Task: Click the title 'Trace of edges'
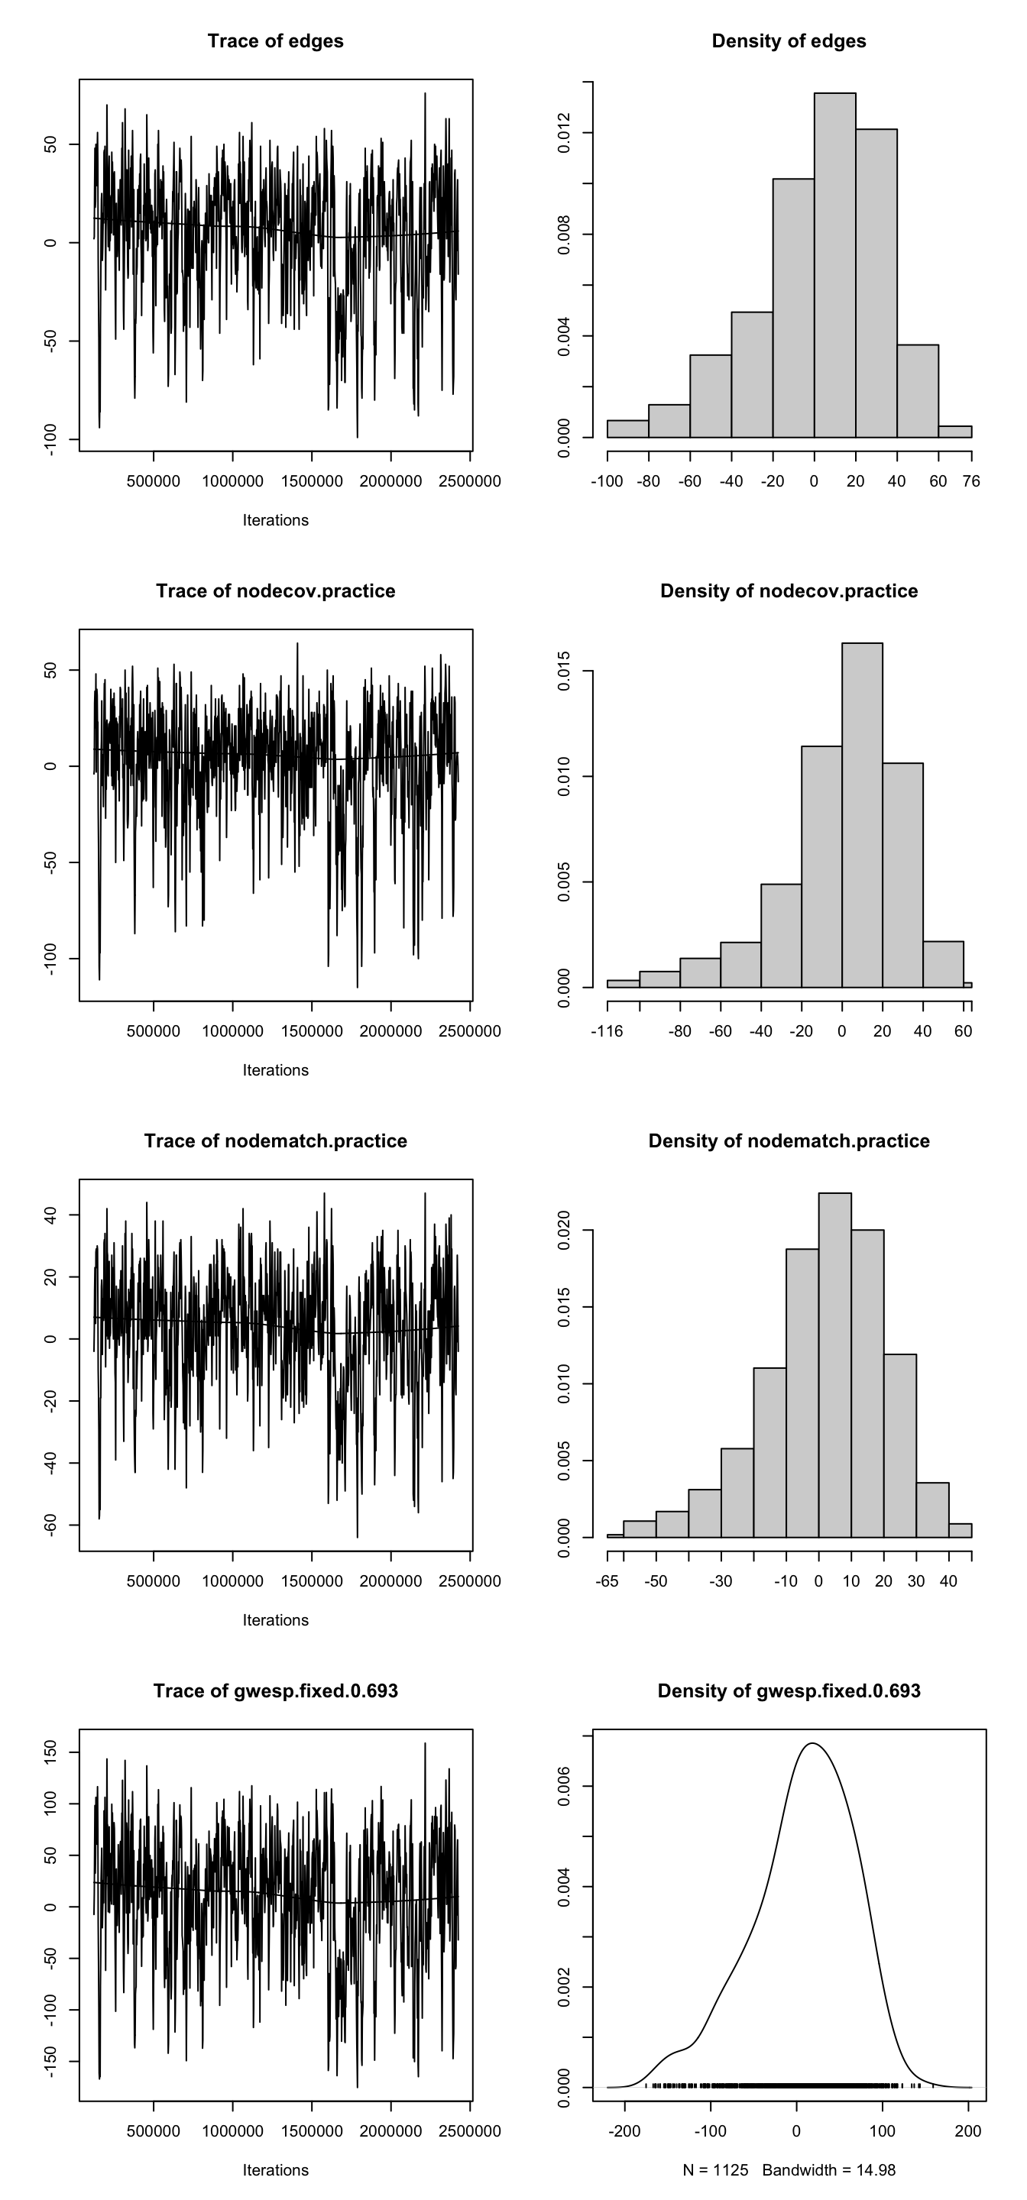pos(275,41)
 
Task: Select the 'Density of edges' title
pos(789,41)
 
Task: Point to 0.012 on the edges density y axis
pos(564,133)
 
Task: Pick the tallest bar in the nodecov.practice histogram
pos(862,815)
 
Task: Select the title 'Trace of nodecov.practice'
pos(275,591)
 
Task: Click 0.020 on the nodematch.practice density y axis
pos(564,1230)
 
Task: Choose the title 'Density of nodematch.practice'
pos(789,1141)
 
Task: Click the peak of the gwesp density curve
pos(812,1744)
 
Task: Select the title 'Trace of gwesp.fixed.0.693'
pos(275,1691)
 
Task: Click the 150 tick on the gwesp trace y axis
pos(50,1752)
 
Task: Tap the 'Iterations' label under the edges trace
pos(275,520)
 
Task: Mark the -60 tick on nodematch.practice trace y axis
pos(50,1525)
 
